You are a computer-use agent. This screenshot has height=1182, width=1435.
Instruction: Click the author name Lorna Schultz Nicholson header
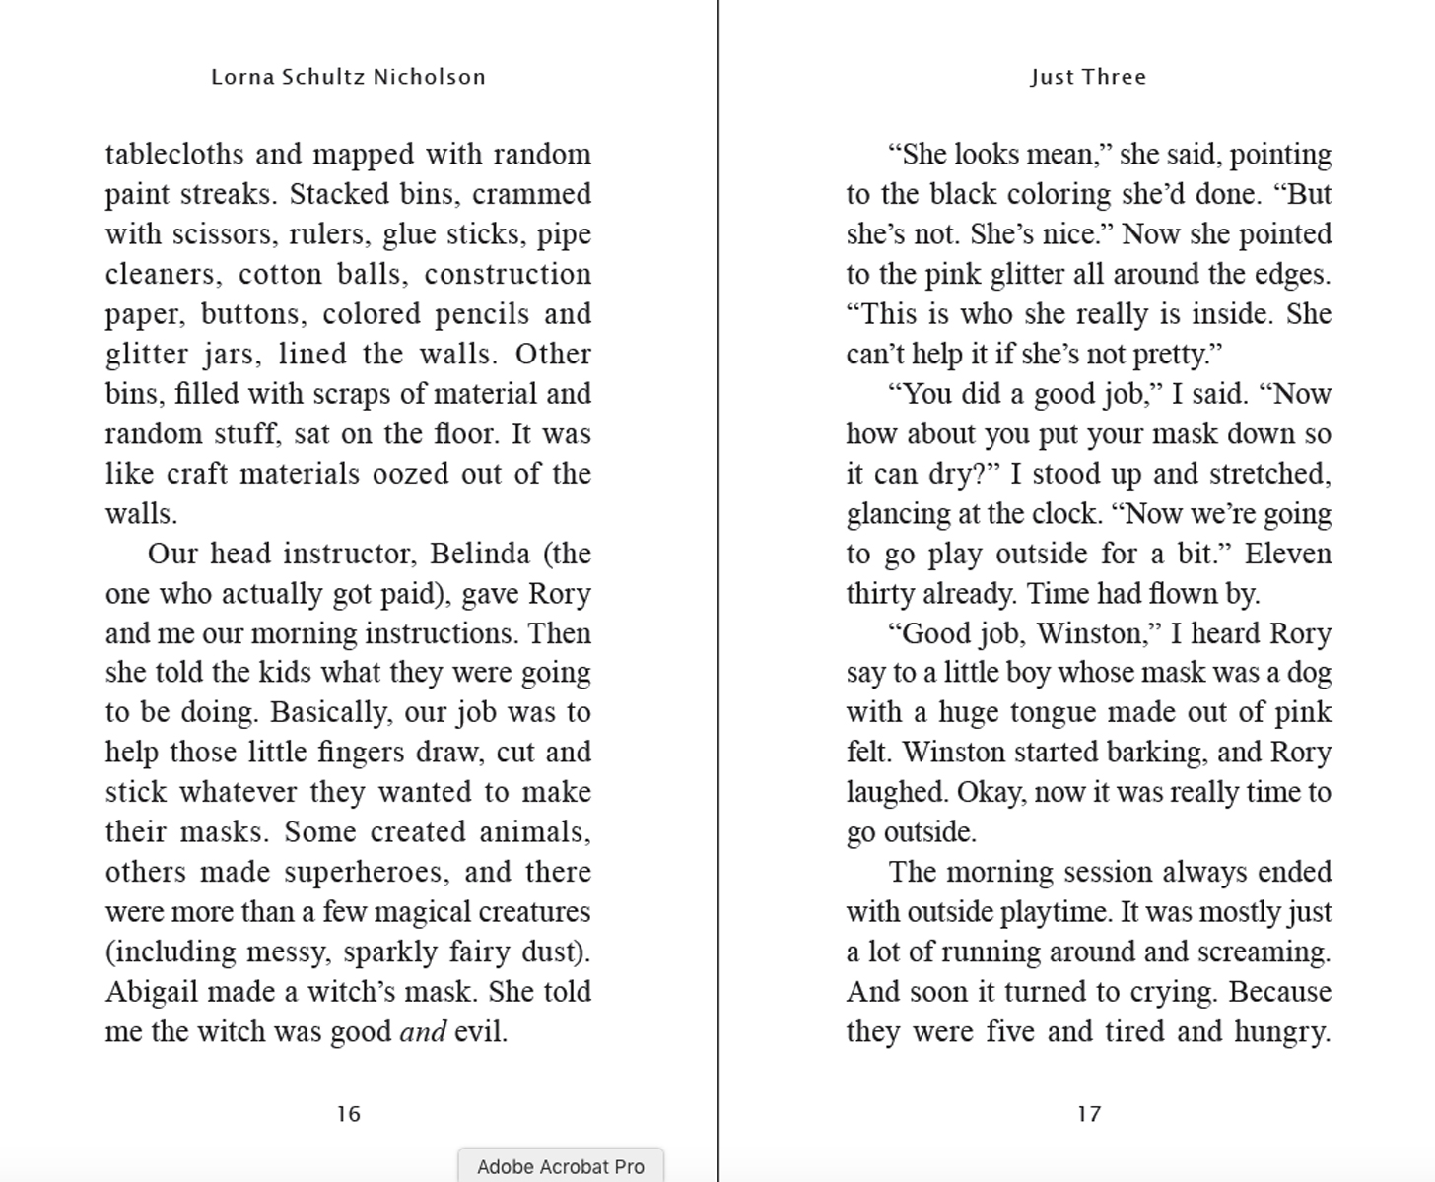[348, 77]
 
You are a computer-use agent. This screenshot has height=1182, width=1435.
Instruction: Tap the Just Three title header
[1088, 77]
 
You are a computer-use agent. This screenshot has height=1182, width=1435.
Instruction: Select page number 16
[348, 1114]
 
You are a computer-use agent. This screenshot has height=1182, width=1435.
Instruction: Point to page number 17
[1088, 1114]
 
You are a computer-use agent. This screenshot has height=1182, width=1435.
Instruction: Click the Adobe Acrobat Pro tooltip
[560, 1166]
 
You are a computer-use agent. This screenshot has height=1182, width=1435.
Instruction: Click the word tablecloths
[174, 155]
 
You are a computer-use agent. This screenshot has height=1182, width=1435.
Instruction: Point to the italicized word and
[422, 1032]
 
